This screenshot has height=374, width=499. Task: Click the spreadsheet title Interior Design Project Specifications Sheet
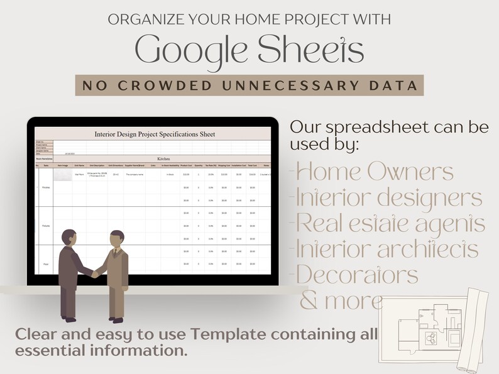154,134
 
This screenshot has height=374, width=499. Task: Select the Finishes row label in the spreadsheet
46,187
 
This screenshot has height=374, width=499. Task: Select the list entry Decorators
355,275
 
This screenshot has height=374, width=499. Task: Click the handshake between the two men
96,273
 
